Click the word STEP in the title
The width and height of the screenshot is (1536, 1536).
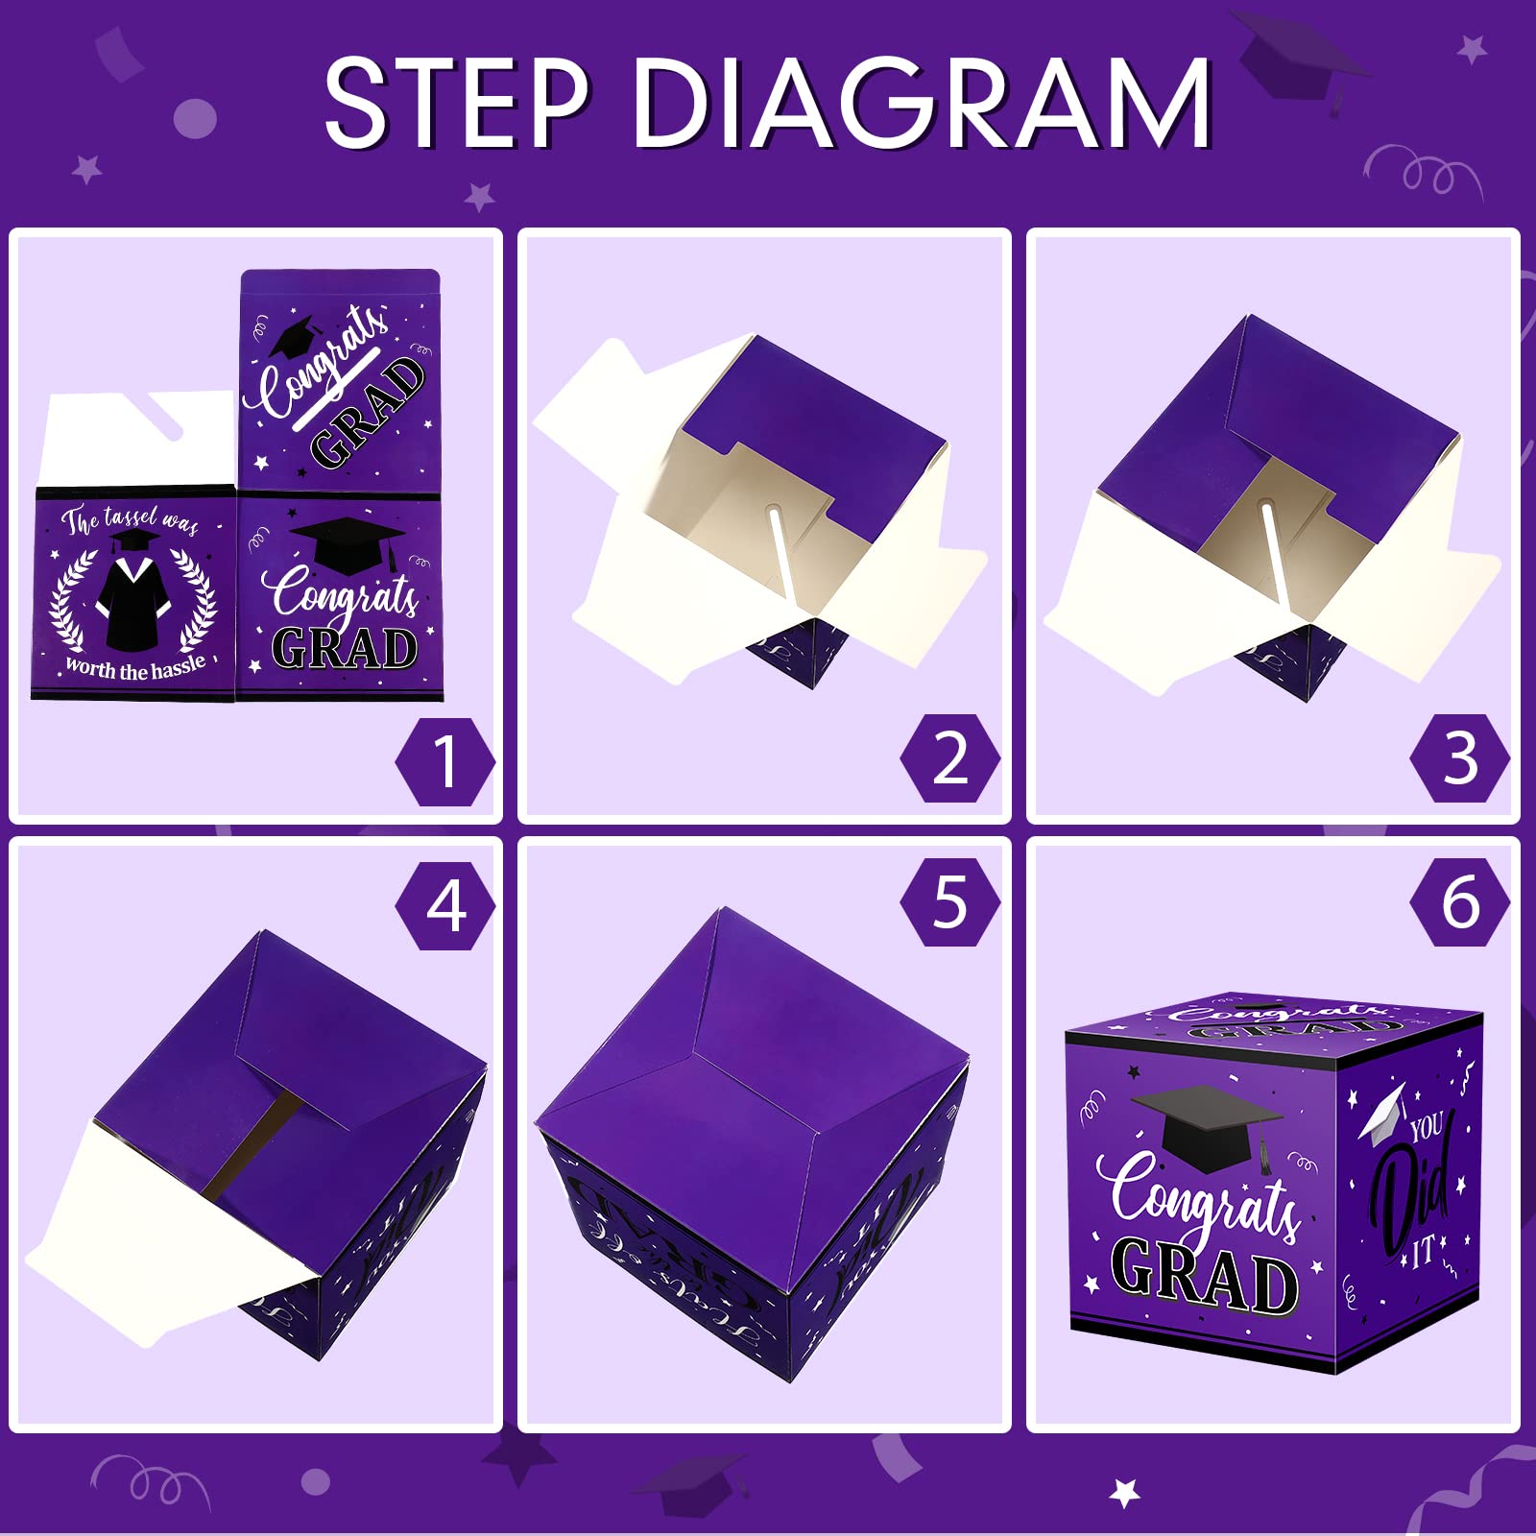tap(456, 103)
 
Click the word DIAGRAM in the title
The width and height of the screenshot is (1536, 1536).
tap(922, 103)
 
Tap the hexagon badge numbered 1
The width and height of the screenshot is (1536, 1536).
tap(445, 761)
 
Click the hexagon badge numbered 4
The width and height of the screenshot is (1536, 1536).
tap(445, 905)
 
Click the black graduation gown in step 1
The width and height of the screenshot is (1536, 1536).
tap(132, 600)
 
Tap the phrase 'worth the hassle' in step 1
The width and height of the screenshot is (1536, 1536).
tap(134, 667)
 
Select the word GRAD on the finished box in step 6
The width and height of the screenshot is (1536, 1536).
tap(1205, 1274)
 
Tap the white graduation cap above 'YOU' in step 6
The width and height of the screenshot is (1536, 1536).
tap(1382, 1114)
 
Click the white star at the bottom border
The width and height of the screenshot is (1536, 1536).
tap(1124, 1493)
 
